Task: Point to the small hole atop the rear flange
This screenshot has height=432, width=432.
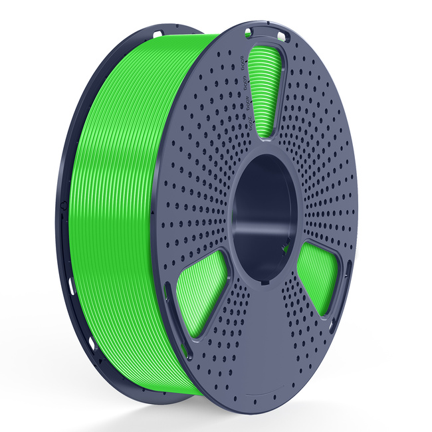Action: tap(158, 33)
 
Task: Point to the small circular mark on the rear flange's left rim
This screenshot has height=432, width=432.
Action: tap(62, 205)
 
